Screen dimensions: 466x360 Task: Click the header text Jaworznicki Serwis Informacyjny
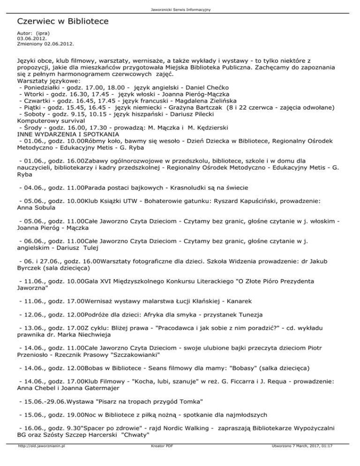tap(180, 9)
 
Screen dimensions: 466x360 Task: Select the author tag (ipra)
tap(41, 33)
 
